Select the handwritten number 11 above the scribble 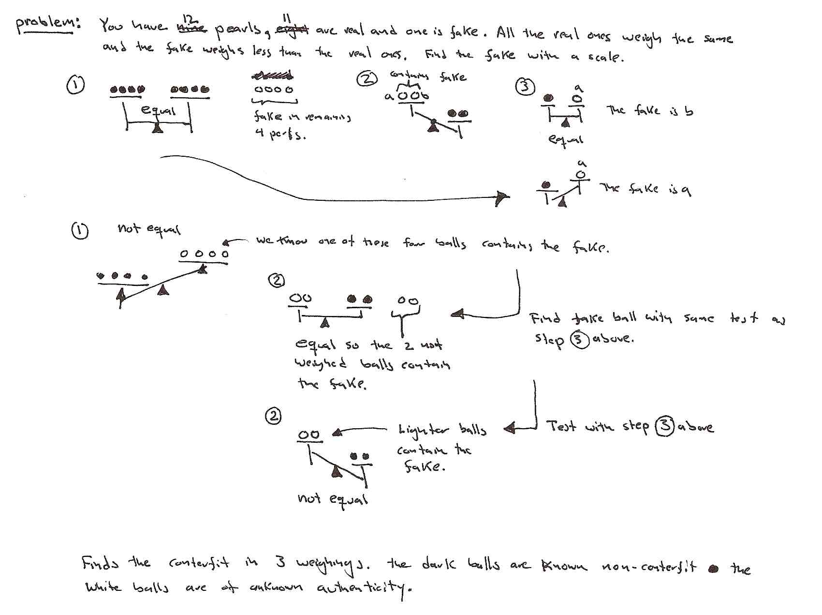[x=287, y=18]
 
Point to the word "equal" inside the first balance [x=158, y=110]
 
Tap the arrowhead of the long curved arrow [x=503, y=197]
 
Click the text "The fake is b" [x=649, y=111]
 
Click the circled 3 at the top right [x=526, y=87]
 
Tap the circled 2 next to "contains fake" [x=366, y=78]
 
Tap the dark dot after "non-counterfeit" [x=713, y=569]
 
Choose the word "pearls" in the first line [x=237, y=31]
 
